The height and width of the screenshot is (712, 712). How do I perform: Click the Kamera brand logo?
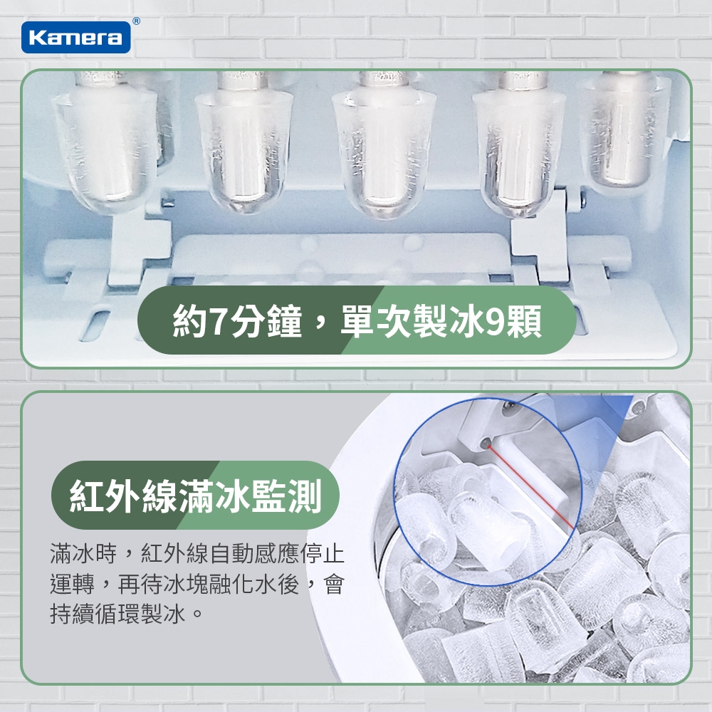pyautogui.click(x=75, y=37)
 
